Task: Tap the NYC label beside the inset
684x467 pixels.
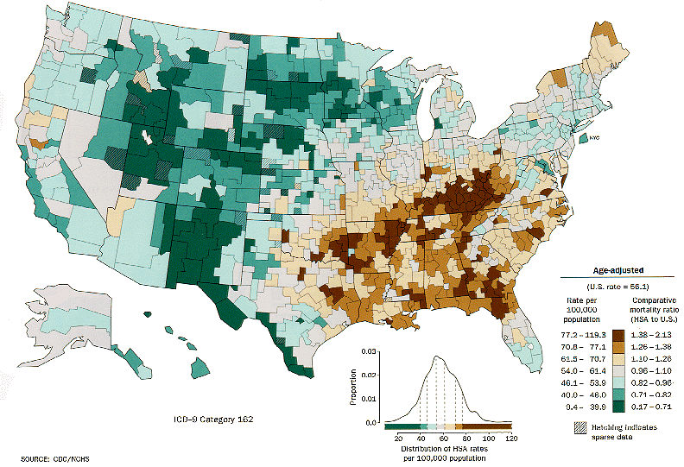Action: (595, 140)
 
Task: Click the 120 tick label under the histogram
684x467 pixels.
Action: (510, 437)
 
